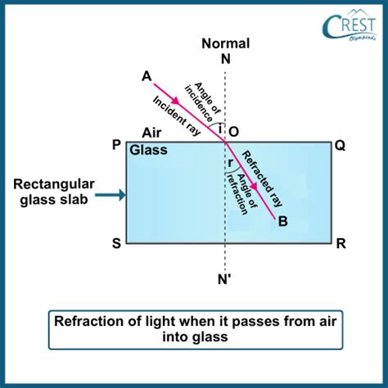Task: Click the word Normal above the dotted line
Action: tap(226, 43)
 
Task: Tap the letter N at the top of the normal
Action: tap(226, 59)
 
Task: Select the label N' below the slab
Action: tap(224, 279)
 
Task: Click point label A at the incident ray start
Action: tap(147, 76)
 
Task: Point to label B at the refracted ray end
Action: tap(283, 221)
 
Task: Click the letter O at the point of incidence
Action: tap(233, 132)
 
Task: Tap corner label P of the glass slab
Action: tap(116, 145)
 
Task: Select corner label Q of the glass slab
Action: tap(340, 146)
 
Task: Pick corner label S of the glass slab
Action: tap(116, 243)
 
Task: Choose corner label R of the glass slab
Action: tap(341, 243)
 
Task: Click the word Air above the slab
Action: tap(151, 133)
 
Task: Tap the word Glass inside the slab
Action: tap(148, 150)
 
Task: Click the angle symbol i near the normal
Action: tap(220, 129)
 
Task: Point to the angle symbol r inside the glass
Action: tap(230, 163)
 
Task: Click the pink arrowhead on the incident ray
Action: tap(176, 101)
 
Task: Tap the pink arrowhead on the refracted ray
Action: tap(254, 187)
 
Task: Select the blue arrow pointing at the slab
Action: tap(111, 195)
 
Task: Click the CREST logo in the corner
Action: tap(350, 26)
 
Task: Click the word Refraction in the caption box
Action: tap(89, 321)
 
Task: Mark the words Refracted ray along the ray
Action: tap(262, 178)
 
